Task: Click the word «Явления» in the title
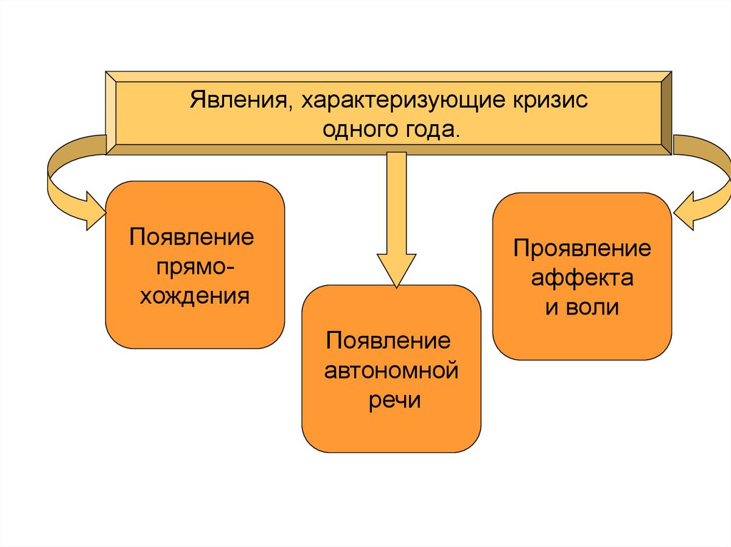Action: tap(238, 101)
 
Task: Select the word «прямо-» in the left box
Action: tap(193, 266)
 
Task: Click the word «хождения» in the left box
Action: tap(194, 295)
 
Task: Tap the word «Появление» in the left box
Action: tap(192, 237)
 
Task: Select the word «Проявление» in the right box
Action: tap(582, 249)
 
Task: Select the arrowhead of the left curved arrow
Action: tap(93, 210)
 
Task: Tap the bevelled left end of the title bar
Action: tap(111, 112)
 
